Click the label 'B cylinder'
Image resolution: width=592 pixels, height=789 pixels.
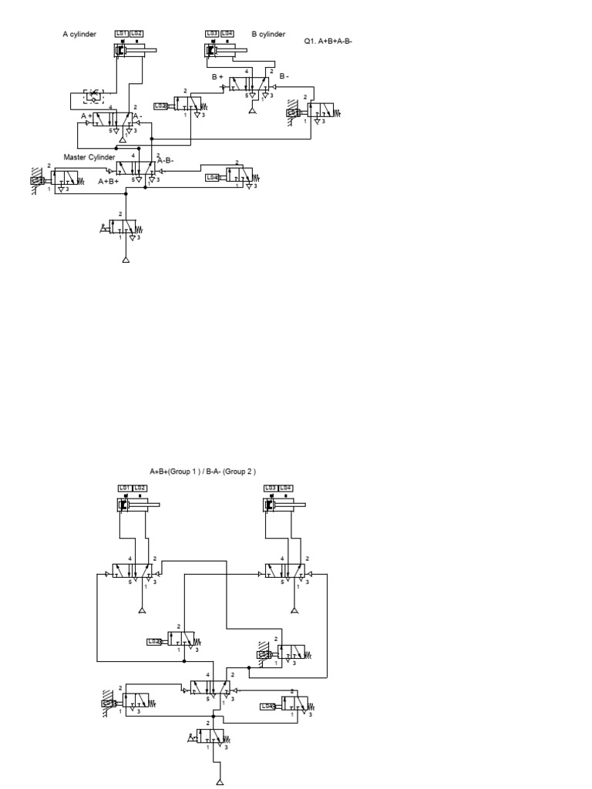pos(267,34)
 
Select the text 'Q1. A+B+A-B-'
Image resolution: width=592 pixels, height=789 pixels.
pos(328,41)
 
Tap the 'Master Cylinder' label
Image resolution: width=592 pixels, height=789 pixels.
pos(89,157)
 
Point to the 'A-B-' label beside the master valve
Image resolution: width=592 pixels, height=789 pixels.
pos(165,160)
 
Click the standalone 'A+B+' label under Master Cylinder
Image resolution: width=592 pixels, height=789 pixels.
pos(109,181)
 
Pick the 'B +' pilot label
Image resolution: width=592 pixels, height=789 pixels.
pos(218,76)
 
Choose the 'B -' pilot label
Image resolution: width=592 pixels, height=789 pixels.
pos(284,76)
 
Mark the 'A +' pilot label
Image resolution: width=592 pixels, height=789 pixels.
pos(86,116)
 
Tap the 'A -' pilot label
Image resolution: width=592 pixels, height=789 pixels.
pos(136,116)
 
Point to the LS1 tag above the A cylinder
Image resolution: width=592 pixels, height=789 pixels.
pos(121,33)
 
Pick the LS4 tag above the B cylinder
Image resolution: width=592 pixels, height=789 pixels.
pos(227,33)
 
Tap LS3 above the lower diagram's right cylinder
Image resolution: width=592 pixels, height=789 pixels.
pos(271,488)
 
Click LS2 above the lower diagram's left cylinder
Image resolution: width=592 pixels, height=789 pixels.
pos(140,488)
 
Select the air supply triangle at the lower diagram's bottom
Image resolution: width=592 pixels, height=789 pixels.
pos(220,782)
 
